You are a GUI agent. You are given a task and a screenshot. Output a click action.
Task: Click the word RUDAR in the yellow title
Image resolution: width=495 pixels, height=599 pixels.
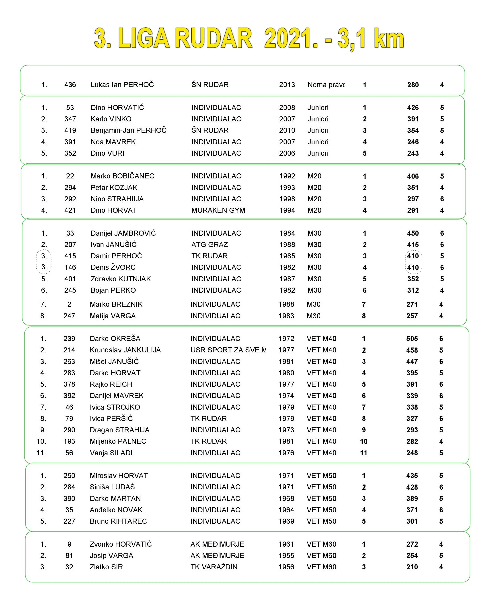pyautogui.click(x=213, y=39)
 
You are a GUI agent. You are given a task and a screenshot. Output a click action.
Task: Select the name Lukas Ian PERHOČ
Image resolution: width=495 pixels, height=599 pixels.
pyautogui.click(x=122, y=85)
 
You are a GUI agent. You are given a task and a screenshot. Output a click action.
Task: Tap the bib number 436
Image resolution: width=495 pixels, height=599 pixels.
pyautogui.click(x=70, y=85)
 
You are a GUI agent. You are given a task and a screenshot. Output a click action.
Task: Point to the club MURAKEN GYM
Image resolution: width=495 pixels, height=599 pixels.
pyautogui.click(x=218, y=210)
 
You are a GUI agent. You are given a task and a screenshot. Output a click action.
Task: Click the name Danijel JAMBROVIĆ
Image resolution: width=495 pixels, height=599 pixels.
pyautogui.click(x=123, y=233)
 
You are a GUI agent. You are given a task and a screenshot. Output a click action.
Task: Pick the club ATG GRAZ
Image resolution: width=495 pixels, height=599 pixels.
pyautogui.click(x=210, y=245)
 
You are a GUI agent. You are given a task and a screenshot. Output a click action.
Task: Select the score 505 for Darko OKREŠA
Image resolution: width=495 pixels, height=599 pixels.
pyautogui.click(x=412, y=339)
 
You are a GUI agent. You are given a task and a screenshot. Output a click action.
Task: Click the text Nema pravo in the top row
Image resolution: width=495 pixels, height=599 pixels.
pyautogui.click(x=326, y=85)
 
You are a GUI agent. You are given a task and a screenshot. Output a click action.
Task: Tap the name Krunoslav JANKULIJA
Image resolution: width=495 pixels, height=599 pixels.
pyautogui.click(x=125, y=350)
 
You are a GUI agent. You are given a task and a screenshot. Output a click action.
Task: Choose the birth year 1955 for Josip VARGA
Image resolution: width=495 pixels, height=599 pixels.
pyautogui.click(x=286, y=555)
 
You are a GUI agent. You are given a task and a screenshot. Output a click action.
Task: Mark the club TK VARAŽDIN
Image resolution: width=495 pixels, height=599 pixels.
pyautogui.click(x=214, y=567)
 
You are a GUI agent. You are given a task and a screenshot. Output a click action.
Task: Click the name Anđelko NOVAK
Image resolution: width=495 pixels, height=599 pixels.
pyautogui.click(x=116, y=510)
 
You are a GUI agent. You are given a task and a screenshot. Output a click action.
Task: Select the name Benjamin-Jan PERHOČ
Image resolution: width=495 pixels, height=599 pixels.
pyautogui.click(x=128, y=130)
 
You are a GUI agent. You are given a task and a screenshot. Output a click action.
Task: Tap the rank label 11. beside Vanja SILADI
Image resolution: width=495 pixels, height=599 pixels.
pyautogui.click(x=41, y=453)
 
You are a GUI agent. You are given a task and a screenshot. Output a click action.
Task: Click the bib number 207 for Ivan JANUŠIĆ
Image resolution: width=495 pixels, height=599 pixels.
pyautogui.click(x=70, y=245)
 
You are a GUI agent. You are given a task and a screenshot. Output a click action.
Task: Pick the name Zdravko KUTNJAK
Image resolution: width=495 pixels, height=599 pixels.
pyautogui.click(x=121, y=279)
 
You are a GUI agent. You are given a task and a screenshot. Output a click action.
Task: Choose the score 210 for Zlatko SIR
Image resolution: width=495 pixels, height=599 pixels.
pyautogui.click(x=412, y=567)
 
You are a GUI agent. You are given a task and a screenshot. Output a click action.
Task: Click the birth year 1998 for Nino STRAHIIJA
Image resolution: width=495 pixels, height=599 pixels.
pyautogui.click(x=287, y=199)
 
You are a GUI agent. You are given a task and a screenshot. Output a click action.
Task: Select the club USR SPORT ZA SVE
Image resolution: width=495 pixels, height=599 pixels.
pyautogui.click(x=228, y=350)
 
